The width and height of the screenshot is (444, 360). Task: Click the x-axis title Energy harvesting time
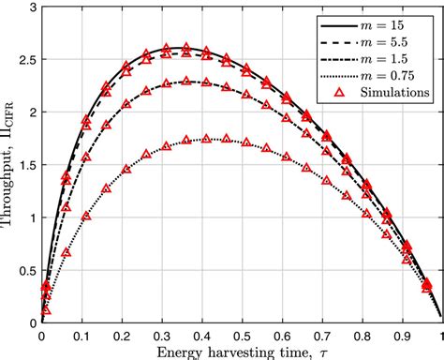tap(234, 352)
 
